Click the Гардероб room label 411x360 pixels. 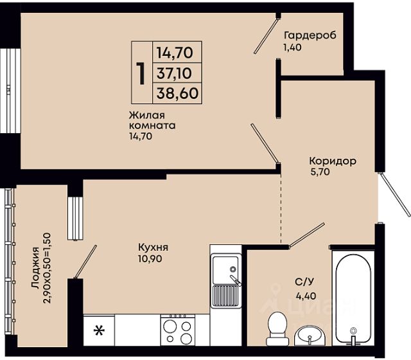(x=310, y=35)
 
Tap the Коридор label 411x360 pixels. (x=333, y=161)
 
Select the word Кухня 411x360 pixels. (x=153, y=248)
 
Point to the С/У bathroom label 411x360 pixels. (x=304, y=282)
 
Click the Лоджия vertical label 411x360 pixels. (x=35, y=268)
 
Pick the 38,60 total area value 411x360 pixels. (x=177, y=93)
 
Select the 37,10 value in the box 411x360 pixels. (x=174, y=73)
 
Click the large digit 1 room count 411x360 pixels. (x=141, y=73)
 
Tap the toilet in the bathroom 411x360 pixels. (x=278, y=328)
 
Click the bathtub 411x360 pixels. (x=353, y=298)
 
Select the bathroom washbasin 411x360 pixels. (x=310, y=336)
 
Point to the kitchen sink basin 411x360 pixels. (x=225, y=270)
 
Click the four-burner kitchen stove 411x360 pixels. (x=177, y=330)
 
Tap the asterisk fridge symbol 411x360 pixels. (x=99, y=330)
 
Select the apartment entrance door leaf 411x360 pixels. (x=394, y=194)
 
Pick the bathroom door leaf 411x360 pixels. (x=307, y=235)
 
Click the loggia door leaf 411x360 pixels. (x=85, y=262)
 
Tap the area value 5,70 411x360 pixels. (x=320, y=172)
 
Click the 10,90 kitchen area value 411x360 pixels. (x=150, y=258)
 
